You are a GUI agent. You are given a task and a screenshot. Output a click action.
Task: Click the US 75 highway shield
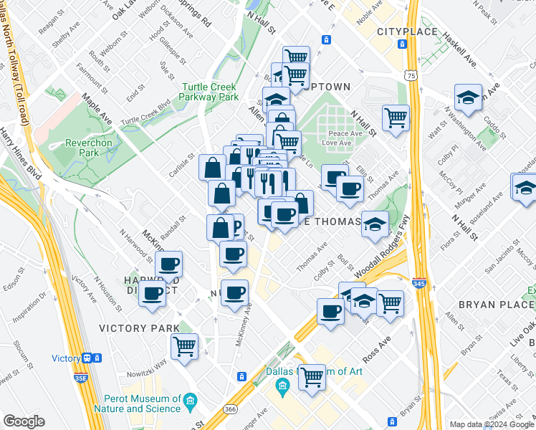(x=409, y=75)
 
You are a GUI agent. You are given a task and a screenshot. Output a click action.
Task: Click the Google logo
(x=24, y=421)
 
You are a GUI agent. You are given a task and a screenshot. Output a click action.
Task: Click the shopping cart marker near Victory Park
(x=185, y=346)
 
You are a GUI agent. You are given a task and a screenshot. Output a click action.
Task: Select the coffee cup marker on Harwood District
(x=152, y=292)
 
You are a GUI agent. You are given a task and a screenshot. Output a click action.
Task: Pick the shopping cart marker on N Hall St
(x=396, y=116)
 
